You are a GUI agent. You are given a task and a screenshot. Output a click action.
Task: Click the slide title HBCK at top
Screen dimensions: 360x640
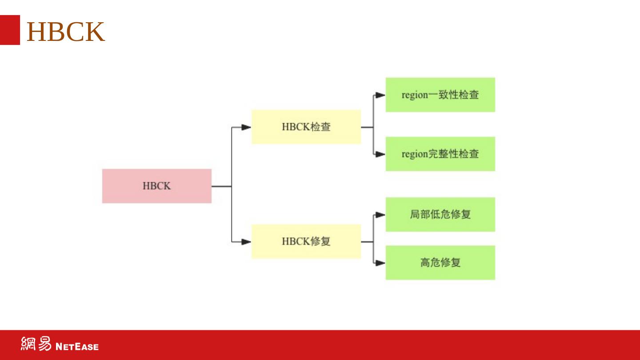click(66, 32)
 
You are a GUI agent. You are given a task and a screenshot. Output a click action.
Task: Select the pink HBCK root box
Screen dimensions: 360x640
click(156, 186)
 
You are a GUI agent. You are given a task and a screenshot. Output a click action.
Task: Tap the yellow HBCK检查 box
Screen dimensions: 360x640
click(306, 127)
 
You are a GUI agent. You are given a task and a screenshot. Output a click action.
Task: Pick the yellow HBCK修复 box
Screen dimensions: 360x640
click(306, 241)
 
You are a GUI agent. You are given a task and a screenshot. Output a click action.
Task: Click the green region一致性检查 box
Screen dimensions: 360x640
click(440, 95)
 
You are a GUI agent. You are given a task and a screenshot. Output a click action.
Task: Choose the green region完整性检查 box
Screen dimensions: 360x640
click(440, 154)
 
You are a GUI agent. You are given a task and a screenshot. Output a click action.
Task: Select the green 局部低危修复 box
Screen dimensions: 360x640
click(440, 214)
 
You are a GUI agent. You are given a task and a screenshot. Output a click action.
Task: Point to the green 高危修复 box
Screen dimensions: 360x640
click(440, 262)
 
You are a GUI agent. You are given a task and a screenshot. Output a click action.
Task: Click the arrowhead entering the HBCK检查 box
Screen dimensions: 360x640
click(246, 127)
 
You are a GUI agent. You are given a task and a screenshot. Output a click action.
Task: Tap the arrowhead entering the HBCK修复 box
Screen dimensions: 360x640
click(246, 242)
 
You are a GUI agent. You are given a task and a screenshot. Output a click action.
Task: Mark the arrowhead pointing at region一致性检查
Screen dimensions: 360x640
click(380, 95)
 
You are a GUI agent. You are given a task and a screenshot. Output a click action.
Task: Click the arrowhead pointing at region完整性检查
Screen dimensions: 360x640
click(380, 154)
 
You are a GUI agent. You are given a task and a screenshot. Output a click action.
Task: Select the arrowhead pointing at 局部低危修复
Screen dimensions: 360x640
click(380, 215)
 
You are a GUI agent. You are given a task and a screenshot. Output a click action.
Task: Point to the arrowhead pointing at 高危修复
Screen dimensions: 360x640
click(380, 263)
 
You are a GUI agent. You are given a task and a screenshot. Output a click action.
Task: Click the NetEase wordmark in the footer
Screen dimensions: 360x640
click(77, 346)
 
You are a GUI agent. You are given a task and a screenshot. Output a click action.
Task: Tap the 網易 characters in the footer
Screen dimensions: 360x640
click(36, 344)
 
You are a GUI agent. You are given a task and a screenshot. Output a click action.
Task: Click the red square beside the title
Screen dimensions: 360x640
click(10, 30)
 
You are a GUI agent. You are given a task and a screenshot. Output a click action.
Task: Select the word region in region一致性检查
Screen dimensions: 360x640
click(414, 95)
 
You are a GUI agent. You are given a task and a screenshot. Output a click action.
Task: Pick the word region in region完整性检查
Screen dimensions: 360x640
click(414, 154)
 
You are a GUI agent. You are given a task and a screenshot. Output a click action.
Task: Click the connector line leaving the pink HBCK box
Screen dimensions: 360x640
click(221, 186)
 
